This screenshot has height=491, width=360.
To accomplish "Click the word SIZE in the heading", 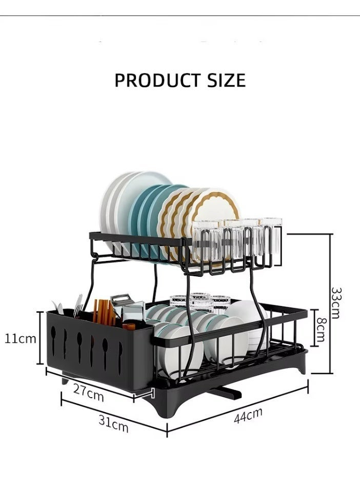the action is coord(226,80).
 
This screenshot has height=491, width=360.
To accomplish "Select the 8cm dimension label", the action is coord(322,330).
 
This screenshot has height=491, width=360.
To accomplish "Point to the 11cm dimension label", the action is coord(21,338).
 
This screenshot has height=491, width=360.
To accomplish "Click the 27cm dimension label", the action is coord(88,393).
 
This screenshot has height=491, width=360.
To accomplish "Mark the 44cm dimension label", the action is coord(248,416).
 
